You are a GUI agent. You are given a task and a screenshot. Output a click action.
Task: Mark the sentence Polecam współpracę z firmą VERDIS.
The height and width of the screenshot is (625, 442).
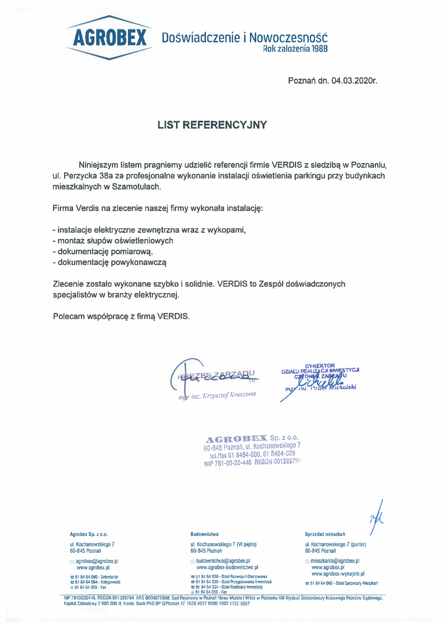point(121,316)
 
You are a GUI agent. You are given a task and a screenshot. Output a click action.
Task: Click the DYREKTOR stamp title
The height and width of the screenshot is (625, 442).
point(319,365)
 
